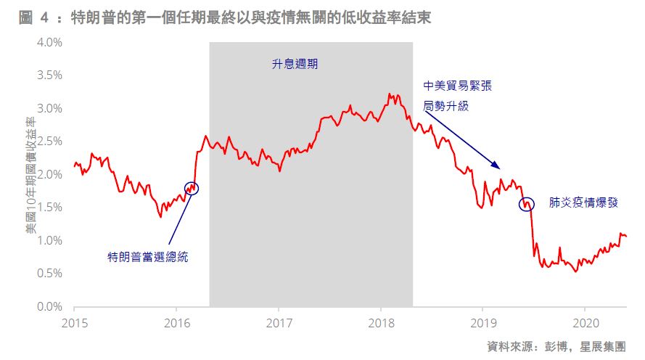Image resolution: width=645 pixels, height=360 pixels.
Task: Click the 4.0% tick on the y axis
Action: [49, 42]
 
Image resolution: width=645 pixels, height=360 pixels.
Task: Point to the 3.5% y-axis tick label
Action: [49, 75]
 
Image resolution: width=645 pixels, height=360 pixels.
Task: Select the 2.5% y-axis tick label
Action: [49, 141]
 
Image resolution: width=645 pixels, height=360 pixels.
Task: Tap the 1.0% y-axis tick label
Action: [49, 240]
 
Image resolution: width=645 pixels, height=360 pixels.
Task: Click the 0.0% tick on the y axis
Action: [49, 306]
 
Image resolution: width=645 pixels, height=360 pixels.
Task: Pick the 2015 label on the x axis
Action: [74, 321]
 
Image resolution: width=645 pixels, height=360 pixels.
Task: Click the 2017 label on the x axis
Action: [279, 321]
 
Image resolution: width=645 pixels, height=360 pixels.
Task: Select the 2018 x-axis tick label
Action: [382, 321]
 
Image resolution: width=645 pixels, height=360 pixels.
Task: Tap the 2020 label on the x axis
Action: [586, 321]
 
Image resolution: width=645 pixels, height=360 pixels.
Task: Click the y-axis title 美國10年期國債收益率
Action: [30, 174]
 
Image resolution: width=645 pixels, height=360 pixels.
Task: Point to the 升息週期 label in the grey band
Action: [295, 64]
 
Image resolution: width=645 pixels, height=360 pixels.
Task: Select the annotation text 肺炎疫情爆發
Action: [583, 203]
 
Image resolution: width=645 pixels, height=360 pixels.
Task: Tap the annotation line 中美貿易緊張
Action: [457, 86]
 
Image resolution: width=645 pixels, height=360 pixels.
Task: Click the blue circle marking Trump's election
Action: [191, 188]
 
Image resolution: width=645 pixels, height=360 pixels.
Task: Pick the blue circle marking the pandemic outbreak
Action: [526, 204]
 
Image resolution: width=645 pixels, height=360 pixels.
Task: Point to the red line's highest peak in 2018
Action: [390, 94]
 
